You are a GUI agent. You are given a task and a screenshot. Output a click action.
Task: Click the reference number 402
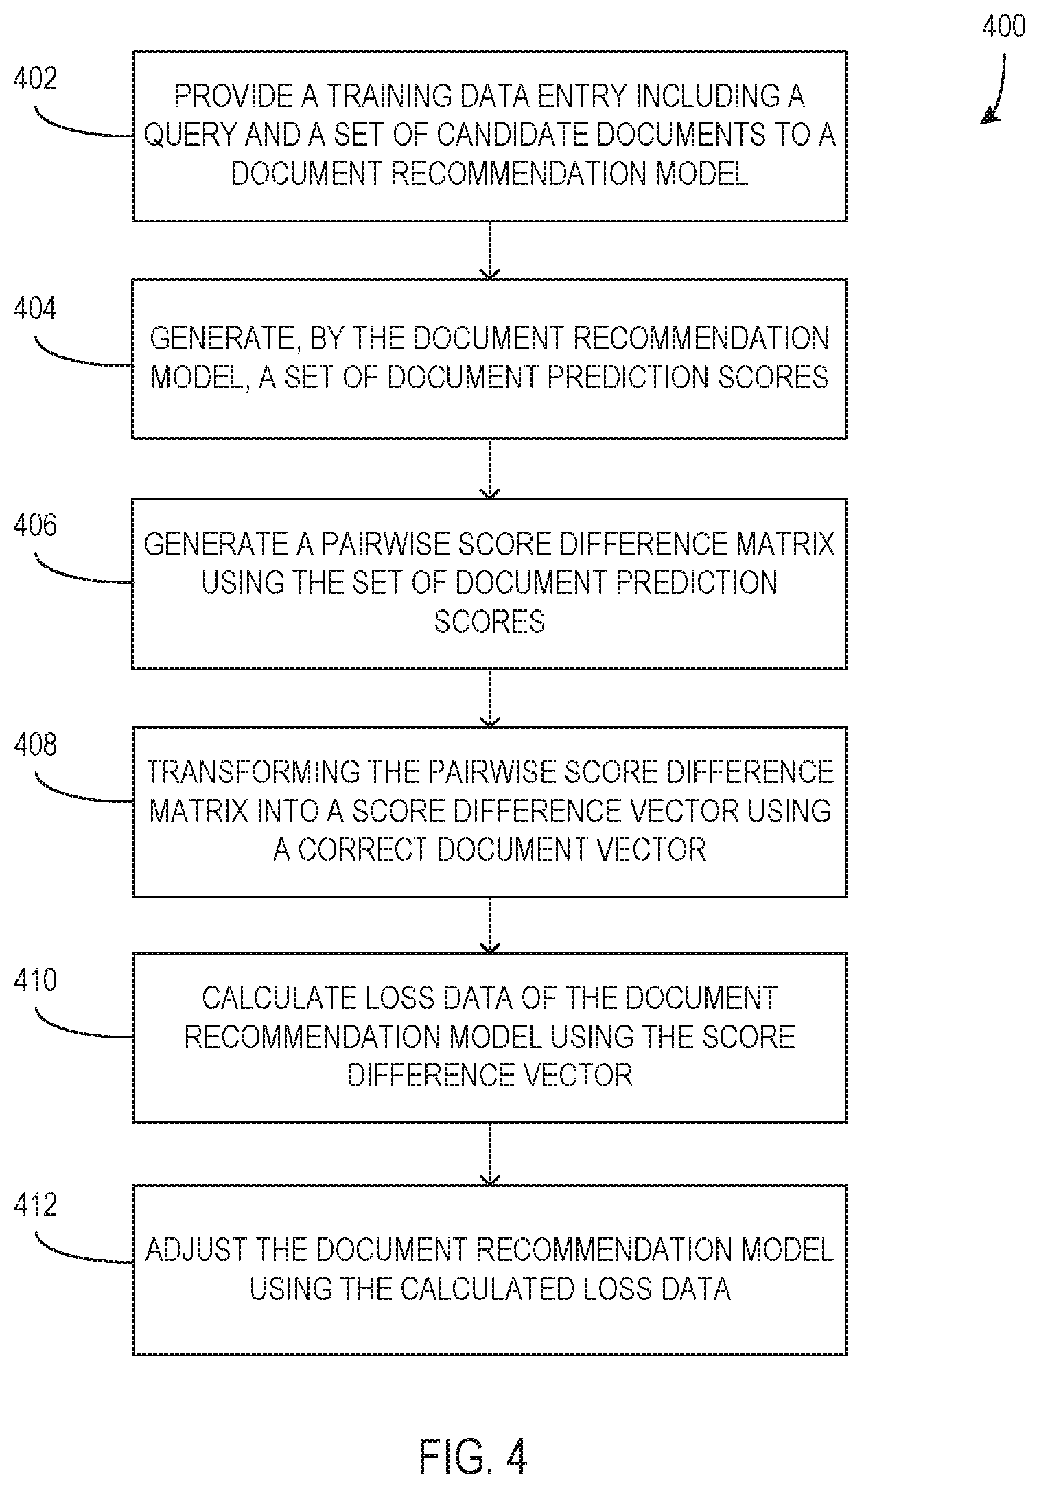[35, 79]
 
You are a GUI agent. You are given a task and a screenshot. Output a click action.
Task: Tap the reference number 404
[35, 309]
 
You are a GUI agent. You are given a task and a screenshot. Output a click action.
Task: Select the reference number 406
[35, 526]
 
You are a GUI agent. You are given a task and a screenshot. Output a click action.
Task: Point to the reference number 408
[35, 745]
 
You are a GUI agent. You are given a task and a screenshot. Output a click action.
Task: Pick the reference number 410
[35, 980]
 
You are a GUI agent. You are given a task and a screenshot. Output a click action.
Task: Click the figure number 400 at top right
[1004, 26]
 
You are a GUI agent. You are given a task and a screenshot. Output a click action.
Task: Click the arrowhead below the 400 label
[990, 116]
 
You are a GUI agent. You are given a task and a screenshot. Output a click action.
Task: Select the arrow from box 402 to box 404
[489, 250]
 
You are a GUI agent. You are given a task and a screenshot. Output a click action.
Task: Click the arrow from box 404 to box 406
[489, 469]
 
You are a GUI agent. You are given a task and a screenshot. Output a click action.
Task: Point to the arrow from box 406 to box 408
[489, 698]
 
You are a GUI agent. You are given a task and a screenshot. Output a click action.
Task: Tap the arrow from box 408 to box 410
[489, 925]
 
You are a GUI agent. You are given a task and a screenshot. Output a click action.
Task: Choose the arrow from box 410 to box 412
[489, 1154]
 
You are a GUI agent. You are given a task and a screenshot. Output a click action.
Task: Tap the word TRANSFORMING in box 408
[253, 772]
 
